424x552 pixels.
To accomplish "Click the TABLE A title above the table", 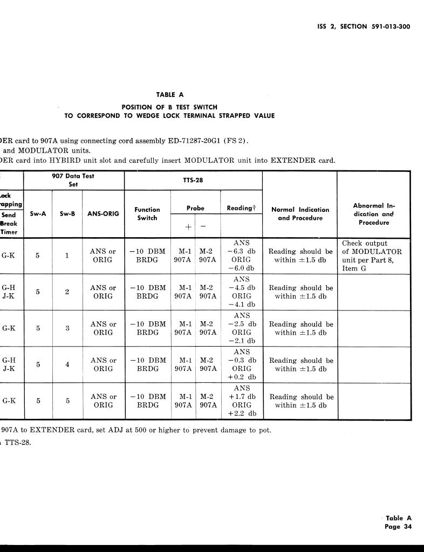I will pos(170,95).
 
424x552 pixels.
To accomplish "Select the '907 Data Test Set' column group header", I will pos(73,180).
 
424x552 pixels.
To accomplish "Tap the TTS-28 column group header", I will pos(193,180).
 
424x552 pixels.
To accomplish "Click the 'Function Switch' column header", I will pos(147,213).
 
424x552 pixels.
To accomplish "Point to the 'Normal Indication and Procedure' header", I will pos(300,213).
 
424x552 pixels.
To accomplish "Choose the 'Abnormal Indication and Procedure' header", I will pos(373,213).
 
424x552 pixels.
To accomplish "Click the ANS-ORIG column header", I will pos(103,213).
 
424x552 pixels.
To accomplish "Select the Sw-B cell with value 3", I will pos(67,328).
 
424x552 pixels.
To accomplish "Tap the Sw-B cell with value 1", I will pos(67,256).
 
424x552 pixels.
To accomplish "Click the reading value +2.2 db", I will pos(242,413).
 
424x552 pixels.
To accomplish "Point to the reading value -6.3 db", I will pos(242,251).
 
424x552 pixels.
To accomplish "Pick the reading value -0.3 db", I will pos(242,360).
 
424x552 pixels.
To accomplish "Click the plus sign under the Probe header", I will pos(188,227).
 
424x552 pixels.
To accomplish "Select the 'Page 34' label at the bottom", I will pos(398,527).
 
